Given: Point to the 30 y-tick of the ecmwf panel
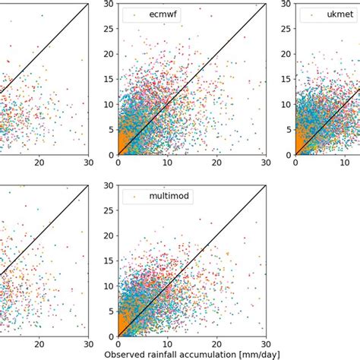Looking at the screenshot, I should point(108,5).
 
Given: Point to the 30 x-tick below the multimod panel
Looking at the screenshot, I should point(266,343).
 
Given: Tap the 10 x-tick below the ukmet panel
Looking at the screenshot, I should point(345,163).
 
